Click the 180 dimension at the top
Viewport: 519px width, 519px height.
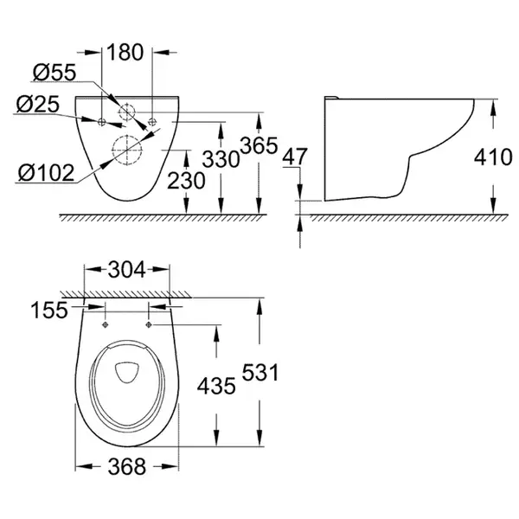click(125, 52)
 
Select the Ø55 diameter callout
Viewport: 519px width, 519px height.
click(54, 72)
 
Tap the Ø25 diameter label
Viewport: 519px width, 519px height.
click(38, 104)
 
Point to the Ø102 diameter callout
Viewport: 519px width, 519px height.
click(46, 173)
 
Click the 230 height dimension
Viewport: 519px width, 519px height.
click(186, 181)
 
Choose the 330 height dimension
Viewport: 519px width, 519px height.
click(221, 159)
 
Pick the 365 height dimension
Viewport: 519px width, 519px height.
click(259, 145)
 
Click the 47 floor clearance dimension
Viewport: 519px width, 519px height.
click(295, 157)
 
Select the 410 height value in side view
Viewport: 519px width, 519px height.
click(493, 157)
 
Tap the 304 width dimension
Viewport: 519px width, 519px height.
click(127, 269)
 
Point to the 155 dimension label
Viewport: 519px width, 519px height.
click(49, 311)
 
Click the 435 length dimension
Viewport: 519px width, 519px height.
click(216, 386)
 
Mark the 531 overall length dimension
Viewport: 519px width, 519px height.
click(260, 372)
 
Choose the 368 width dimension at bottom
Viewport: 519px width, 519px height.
click(127, 467)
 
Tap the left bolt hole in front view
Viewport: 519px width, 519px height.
click(101, 122)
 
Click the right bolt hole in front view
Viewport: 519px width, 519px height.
click(152, 121)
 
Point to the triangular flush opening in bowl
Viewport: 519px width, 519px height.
click(127, 372)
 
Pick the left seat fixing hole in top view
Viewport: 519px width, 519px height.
click(106, 324)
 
